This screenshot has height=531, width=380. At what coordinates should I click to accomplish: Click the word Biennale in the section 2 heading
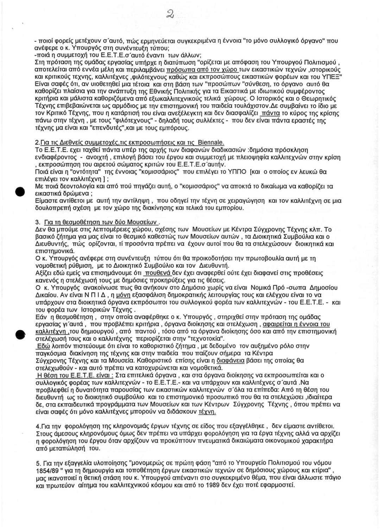pyautogui.click(x=211, y=143)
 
